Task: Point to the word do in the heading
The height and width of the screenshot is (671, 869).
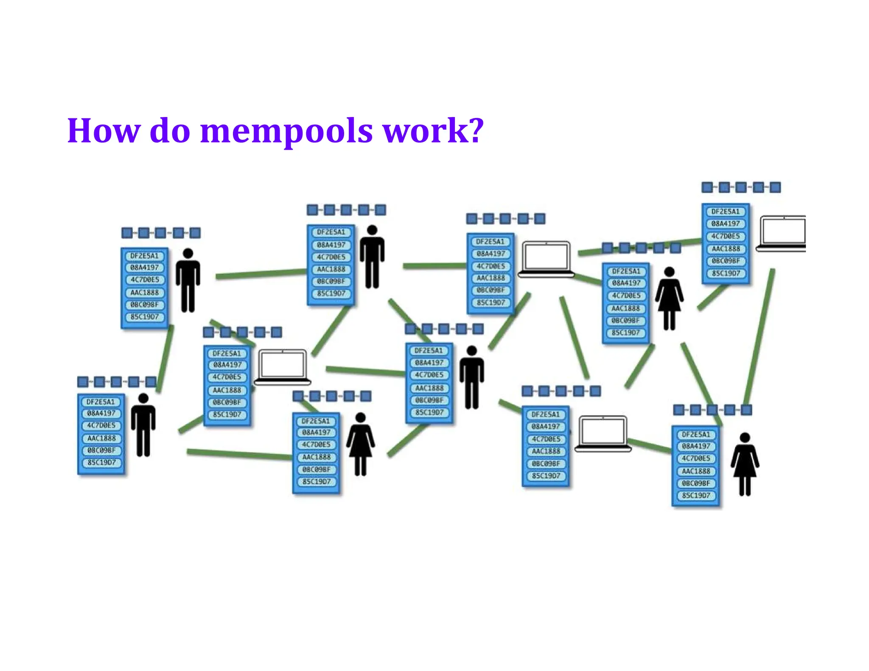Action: (x=170, y=131)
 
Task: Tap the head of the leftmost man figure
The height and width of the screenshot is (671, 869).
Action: (x=143, y=398)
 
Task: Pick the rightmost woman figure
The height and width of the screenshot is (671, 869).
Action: (x=745, y=464)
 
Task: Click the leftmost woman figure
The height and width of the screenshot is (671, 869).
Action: (x=360, y=444)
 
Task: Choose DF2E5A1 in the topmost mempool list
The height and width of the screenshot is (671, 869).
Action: (x=725, y=211)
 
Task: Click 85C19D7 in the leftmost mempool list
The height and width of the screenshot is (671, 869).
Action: (x=101, y=462)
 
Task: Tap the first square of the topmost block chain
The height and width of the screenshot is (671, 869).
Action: (x=707, y=187)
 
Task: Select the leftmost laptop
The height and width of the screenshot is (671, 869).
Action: (x=282, y=367)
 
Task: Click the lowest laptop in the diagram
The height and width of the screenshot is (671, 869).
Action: (x=603, y=433)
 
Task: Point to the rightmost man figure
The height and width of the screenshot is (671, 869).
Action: (x=471, y=377)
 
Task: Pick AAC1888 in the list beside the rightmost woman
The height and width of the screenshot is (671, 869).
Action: (x=696, y=471)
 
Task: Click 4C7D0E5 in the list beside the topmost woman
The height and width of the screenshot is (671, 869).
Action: (x=626, y=296)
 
